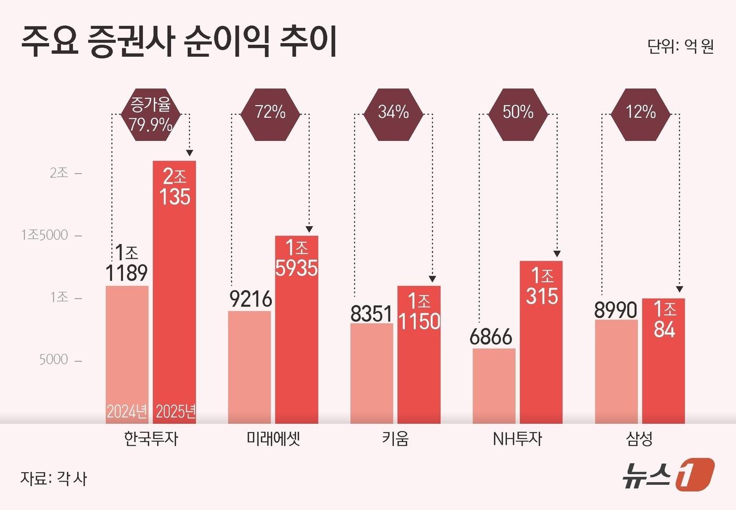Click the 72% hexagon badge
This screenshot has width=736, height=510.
point(270,112)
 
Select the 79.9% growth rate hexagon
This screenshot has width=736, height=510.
point(150,114)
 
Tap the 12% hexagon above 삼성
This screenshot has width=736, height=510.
point(640,112)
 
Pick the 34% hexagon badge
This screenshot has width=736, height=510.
point(393,112)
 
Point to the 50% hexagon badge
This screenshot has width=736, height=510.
point(518,112)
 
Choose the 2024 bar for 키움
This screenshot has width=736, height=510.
point(372,373)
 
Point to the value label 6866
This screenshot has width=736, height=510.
point(490,337)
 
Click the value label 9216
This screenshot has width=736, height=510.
point(251,299)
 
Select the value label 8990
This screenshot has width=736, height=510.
point(616,310)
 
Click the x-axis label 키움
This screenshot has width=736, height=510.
point(395,438)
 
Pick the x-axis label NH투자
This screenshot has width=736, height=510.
point(517,438)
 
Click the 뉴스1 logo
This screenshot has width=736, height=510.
point(668,474)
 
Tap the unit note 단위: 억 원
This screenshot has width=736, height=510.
point(680,46)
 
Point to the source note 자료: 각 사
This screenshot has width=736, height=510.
point(54,478)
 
